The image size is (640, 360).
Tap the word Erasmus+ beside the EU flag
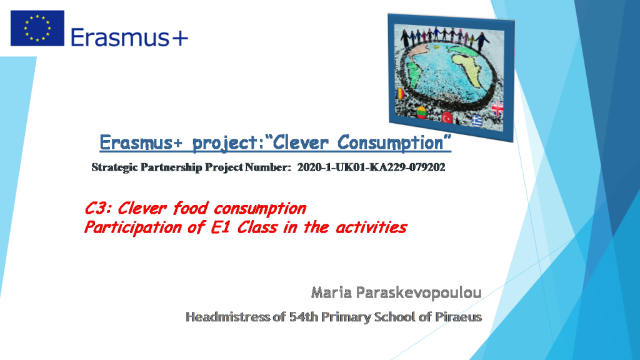click(129, 37)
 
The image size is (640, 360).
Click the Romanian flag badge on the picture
click(401, 94)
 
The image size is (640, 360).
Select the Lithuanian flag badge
click(422, 113)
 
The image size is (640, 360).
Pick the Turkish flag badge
click(447, 117)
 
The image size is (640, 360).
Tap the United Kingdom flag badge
click(497, 108)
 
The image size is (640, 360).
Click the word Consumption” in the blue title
click(394, 143)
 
